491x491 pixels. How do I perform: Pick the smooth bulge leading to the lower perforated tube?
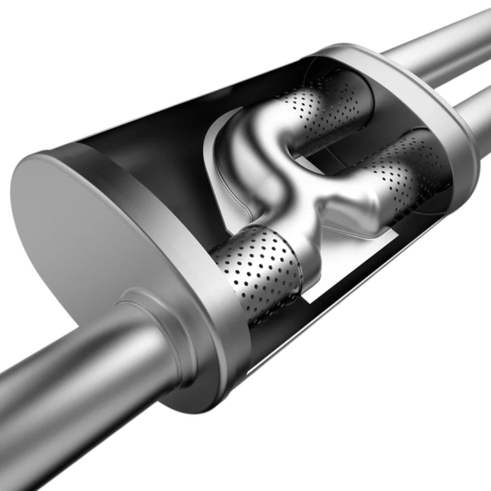click(369, 201)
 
